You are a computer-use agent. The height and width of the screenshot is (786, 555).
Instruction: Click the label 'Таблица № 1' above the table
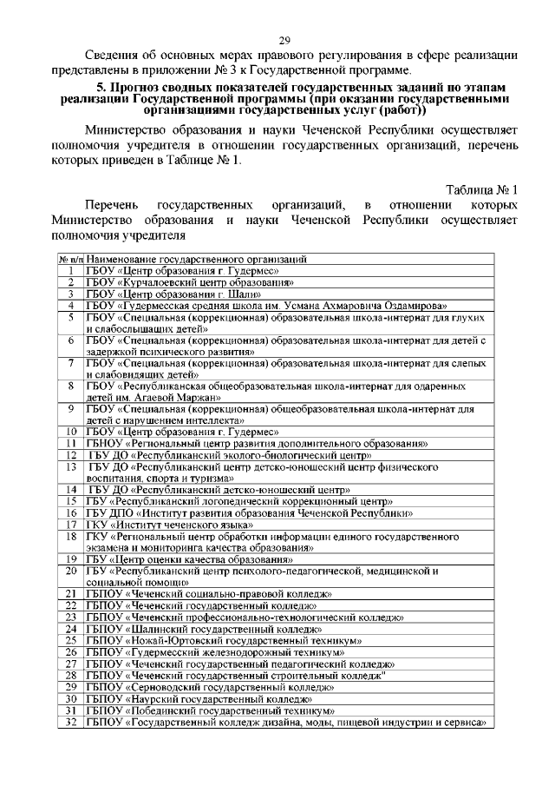[481, 190]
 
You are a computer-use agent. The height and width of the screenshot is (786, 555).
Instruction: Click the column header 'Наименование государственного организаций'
[197, 259]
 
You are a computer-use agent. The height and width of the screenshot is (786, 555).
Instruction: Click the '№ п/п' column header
[70, 259]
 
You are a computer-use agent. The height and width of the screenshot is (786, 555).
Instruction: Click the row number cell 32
[70, 722]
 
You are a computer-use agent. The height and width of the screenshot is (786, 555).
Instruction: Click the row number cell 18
[70, 537]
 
